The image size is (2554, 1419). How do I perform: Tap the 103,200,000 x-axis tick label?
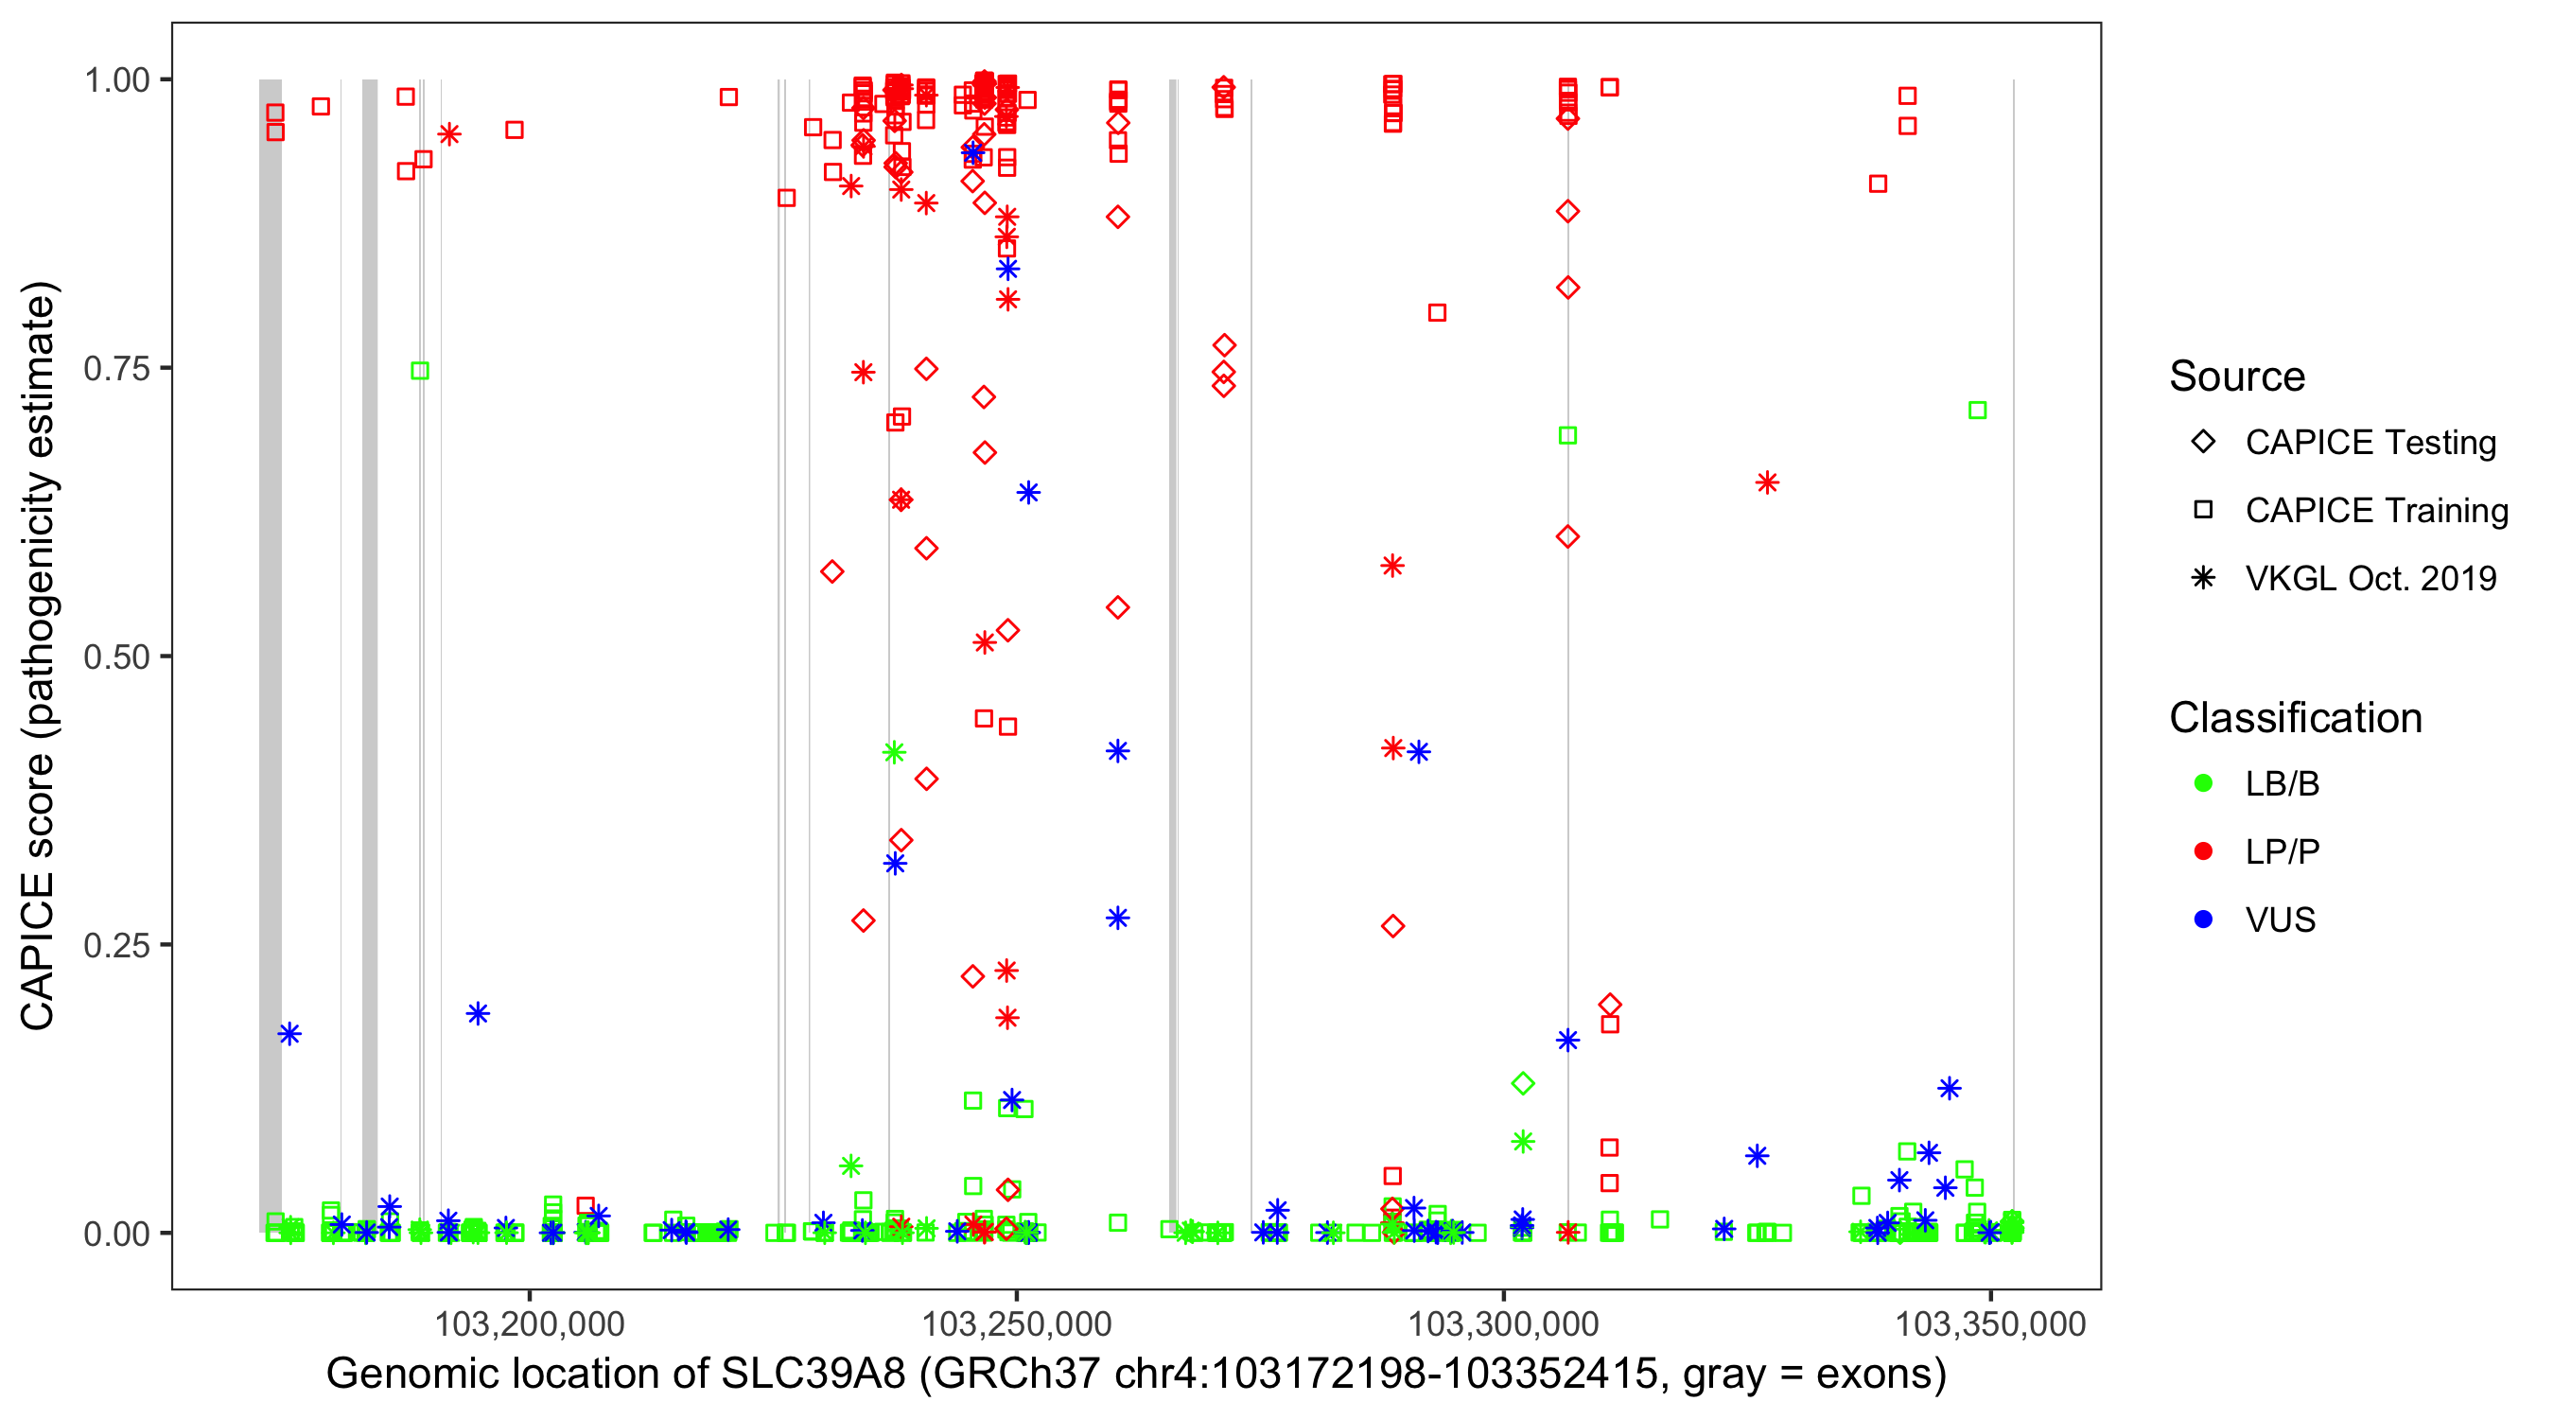(530, 1323)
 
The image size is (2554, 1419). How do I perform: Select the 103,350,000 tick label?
(1990, 1323)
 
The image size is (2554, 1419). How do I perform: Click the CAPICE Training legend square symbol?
(2203, 510)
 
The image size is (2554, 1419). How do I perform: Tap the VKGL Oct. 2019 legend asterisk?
(2203, 578)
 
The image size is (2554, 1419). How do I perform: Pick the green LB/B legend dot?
(2203, 783)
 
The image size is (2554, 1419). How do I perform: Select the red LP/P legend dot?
(2203, 851)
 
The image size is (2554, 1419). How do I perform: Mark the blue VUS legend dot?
(2203, 920)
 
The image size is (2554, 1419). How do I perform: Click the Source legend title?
(2237, 377)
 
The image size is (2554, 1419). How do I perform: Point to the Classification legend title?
(2295, 718)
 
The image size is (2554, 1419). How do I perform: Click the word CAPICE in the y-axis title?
(38, 952)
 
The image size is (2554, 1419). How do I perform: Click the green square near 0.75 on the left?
(419, 371)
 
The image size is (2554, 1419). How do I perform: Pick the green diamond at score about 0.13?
(1523, 1083)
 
